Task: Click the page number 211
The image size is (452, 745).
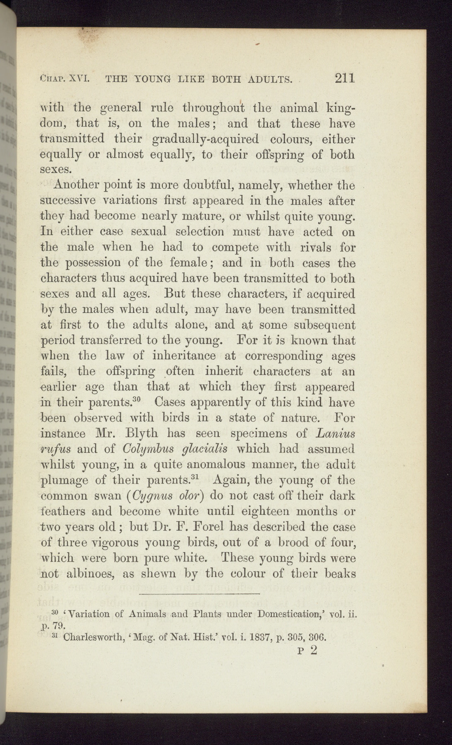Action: pyautogui.click(x=345, y=78)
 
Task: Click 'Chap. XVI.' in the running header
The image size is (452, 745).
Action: pyautogui.click(x=63, y=78)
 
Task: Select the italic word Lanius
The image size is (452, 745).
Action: pyautogui.click(x=336, y=433)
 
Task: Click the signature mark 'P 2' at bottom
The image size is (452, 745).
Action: pyautogui.click(x=307, y=650)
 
